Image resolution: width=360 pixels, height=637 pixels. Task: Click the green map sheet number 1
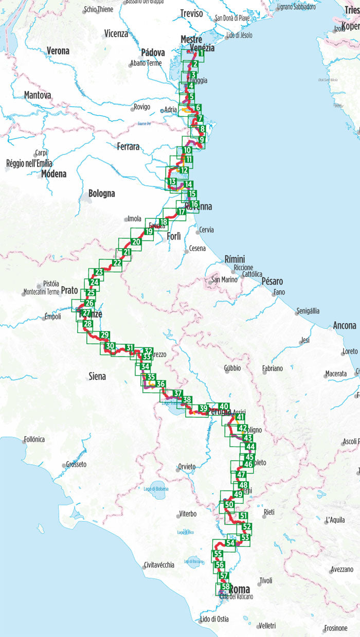tap(201, 54)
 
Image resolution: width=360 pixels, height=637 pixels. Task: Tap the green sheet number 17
tap(181, 211)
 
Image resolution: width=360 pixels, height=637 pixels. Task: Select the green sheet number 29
tap(105, 335)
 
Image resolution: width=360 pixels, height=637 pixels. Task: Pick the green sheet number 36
tap(160, 384)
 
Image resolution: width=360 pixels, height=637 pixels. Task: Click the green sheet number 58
tap(225, 587)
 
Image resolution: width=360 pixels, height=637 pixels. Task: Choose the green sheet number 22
tap(117, 263)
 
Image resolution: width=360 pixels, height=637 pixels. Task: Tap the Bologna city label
tap(101, 194)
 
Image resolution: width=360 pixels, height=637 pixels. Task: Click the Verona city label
tap(58, 51)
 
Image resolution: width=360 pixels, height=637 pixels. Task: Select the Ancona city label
tap(344, 326)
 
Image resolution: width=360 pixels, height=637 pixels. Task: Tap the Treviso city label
tap(192, 14)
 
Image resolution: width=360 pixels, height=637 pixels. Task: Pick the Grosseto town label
tap(76, 464)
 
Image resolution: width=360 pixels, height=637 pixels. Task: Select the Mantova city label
tap(38, 95)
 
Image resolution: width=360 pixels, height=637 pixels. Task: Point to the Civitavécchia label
tap(159, 564)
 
